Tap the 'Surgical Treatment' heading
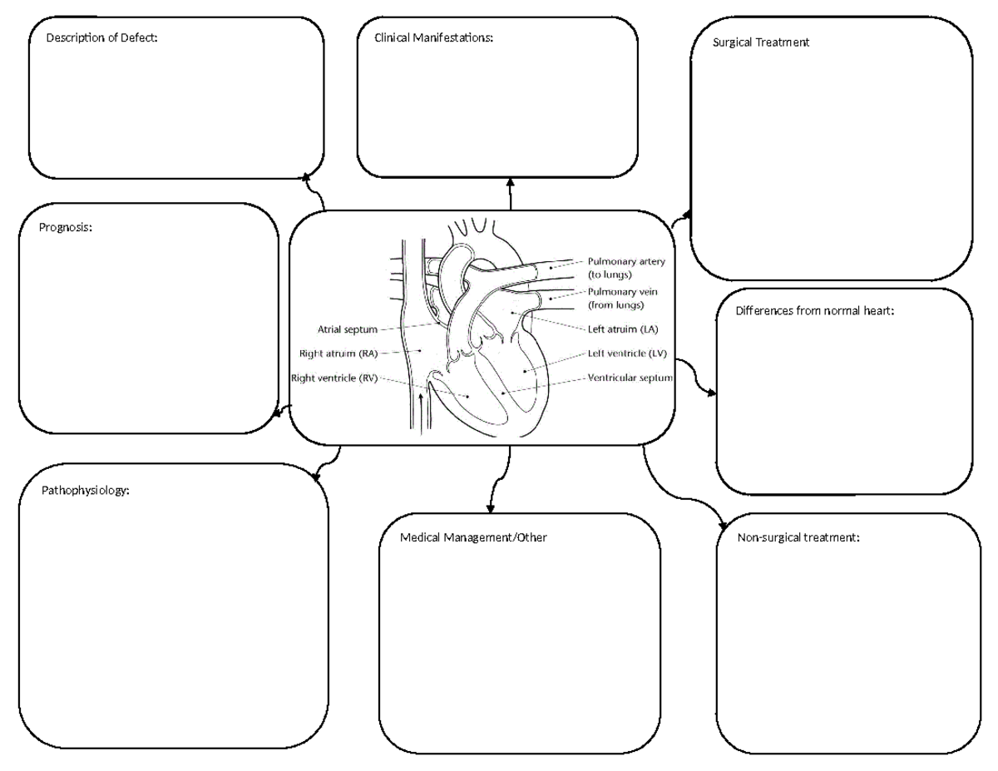click(x=760, y=42)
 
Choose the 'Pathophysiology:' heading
click(x=86, y=491)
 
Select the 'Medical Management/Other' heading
click(x=473, y=538)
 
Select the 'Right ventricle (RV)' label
click(x=334, y=378)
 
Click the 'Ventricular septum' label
click(x=630, y=378)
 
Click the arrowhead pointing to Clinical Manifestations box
click(x=510, y=182)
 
